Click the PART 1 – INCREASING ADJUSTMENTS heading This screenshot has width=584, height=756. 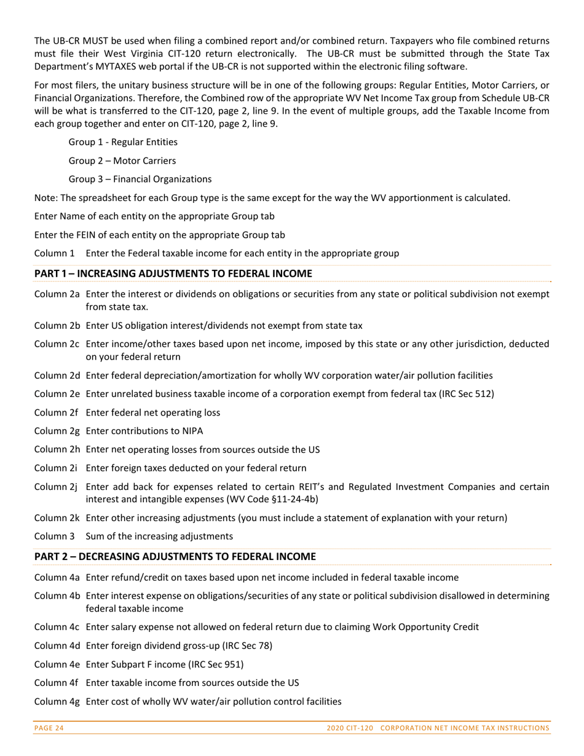pos(173,273)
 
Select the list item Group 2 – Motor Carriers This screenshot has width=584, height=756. pos(122,160)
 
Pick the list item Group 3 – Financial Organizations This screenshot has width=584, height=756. pos(140,179)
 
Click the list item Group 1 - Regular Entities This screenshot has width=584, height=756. pos(123,142)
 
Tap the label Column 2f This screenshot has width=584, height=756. pos(57,412)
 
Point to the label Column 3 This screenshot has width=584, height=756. pos(55,536)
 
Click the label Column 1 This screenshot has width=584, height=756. pos(55,253)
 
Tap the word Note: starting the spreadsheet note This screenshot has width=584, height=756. pos(45,198)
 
